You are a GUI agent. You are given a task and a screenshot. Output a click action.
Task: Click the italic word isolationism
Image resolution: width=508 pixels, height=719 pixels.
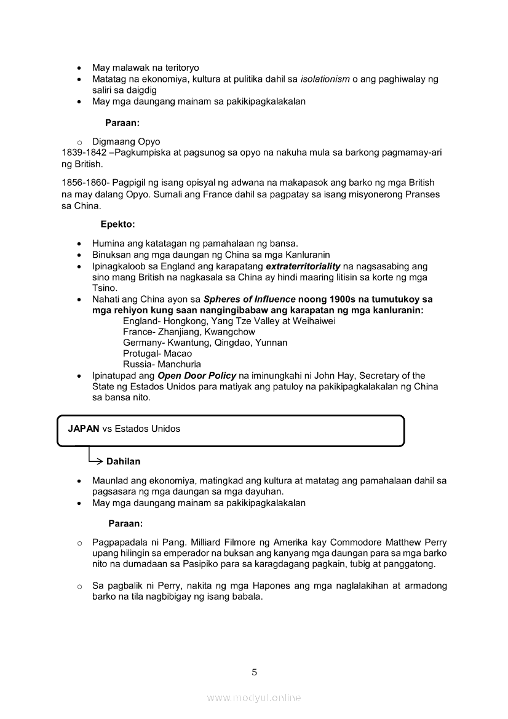click(325, 79)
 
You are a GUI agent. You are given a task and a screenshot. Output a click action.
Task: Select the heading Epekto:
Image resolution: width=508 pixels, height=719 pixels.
click(117, 224)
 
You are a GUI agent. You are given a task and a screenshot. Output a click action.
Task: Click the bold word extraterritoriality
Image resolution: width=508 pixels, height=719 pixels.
click(303, 266)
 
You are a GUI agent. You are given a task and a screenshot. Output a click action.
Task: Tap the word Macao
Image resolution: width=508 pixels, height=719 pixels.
click(178, 354)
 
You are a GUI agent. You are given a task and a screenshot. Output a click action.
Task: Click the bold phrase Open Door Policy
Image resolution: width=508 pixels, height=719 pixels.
click(197, 376)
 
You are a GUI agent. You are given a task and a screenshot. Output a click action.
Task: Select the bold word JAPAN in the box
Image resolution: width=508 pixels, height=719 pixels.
click(84, 429)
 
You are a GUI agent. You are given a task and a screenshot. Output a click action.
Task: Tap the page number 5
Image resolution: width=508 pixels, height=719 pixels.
click(254, 672)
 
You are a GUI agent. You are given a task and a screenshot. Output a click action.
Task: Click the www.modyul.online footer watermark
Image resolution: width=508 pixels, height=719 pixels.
click(254, 697)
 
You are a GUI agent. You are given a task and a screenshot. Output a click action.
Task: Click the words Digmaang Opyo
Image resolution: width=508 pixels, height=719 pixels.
click(126, 141)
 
